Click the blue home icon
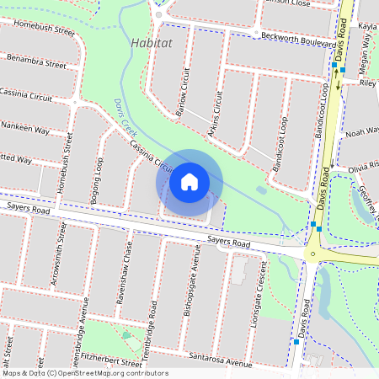(x=189, y=181)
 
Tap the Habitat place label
(x=151, y=41)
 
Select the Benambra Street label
(x=36, y=61)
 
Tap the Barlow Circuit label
(x=183, y=92)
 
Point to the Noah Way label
(x=360, y=132)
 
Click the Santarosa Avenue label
(x=222, y=360)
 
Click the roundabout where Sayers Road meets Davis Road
(x=312, y=253)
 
